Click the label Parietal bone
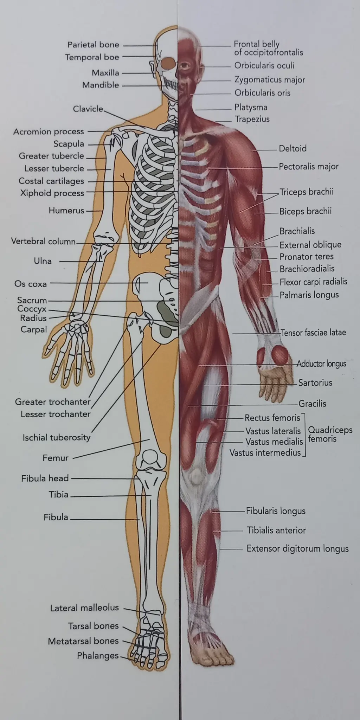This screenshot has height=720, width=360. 93,45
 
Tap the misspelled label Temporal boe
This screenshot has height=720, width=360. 92,57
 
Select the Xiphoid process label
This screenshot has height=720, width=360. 52,193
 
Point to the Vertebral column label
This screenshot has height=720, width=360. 43,241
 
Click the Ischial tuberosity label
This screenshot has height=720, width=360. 57,437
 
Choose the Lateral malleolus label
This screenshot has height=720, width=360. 84,607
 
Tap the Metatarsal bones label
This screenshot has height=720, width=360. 83,641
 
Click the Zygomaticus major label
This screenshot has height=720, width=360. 270,80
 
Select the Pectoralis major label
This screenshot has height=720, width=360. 309,167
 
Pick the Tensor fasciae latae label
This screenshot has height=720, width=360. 313,332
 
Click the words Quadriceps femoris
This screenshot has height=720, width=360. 330,434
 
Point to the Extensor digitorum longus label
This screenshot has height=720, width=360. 297,548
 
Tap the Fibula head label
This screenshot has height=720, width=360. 45,478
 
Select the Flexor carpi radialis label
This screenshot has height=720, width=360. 313,282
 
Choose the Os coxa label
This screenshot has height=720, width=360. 31,284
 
